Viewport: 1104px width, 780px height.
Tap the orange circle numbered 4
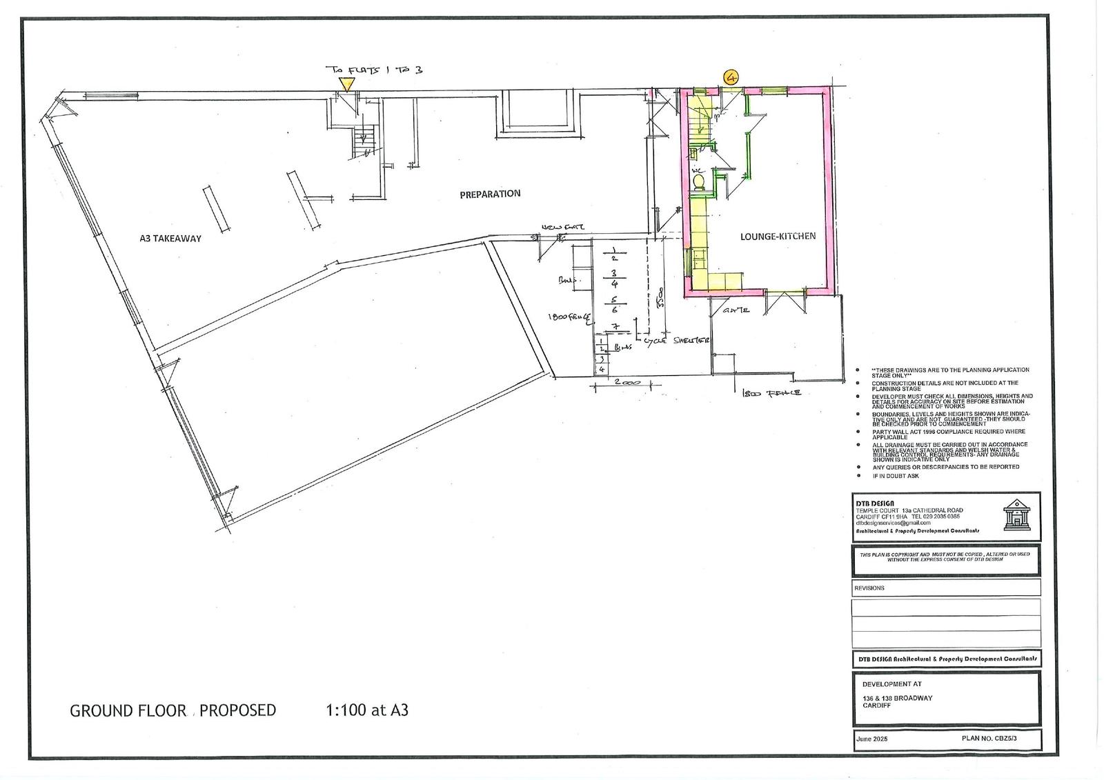731,77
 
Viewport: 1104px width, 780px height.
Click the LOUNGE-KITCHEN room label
778,236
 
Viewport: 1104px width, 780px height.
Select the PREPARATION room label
490,194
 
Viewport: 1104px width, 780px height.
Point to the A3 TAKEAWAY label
170,239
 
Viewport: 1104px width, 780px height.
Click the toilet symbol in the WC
698,182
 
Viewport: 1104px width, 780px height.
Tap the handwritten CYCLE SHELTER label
676,341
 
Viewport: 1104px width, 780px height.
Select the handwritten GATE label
736,311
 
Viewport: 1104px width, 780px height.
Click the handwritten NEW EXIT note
562,227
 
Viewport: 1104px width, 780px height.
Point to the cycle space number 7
613,326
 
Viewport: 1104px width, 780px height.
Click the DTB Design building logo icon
1016,514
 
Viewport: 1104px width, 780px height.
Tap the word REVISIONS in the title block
869,588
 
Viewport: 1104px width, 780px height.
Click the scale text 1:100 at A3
366,710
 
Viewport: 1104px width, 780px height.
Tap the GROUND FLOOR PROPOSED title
172,710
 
